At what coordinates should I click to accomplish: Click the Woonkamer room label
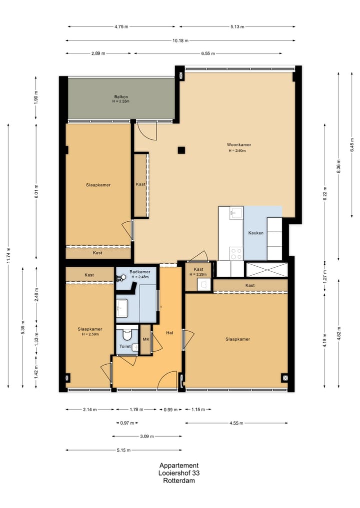tap(238, 145)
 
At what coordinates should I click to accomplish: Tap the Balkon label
tap(121, 96)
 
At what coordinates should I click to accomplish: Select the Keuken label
tap(256, 233)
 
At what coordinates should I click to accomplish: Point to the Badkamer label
tap(140, 272)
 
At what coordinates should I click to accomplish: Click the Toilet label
tap(125, 346)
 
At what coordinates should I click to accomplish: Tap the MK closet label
tap(146, 339)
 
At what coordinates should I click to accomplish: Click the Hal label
tap(169, 333)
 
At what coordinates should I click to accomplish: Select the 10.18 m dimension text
tap(180, 40)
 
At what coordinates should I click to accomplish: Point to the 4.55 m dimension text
tap(236, 423)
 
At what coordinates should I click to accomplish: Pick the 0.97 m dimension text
tap(127, 423)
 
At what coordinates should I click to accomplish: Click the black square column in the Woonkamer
tap(181, 150)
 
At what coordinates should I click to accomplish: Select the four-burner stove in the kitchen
tap(236, 253)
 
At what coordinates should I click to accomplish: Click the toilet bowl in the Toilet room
tap(126, 334)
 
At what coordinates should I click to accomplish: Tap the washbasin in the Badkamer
tap(122, 308)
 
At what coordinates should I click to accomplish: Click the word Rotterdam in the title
tap(179, 481)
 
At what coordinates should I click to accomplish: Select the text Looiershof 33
tap(179, 473)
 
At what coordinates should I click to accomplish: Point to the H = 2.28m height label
tap(198, 275)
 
